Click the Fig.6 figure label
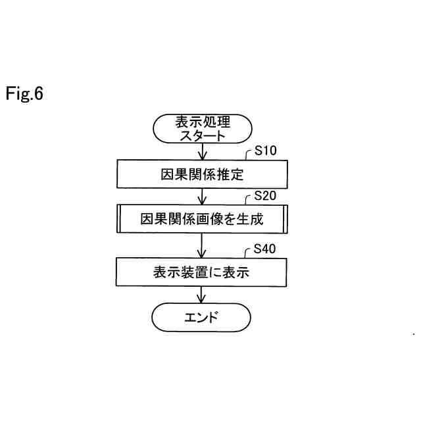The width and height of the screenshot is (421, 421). click(24, 94)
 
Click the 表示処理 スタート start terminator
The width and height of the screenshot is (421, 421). click(201, 128)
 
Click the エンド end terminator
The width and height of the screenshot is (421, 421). click(201, 318)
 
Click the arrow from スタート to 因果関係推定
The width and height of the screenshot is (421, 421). click(202, 151)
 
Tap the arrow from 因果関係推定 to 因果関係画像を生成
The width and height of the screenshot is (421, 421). click(202, 197)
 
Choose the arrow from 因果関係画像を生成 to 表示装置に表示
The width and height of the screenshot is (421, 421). click(202, 245)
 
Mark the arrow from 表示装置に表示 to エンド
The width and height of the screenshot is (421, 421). click(202, 295)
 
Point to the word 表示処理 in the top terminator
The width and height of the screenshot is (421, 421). click(202, 122)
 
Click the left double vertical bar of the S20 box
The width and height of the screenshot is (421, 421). click(119, 219)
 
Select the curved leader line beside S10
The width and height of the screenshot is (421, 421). click(248, 155)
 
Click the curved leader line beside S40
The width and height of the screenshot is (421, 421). click(248, 254)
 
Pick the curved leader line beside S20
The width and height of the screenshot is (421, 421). click(248, 201)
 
